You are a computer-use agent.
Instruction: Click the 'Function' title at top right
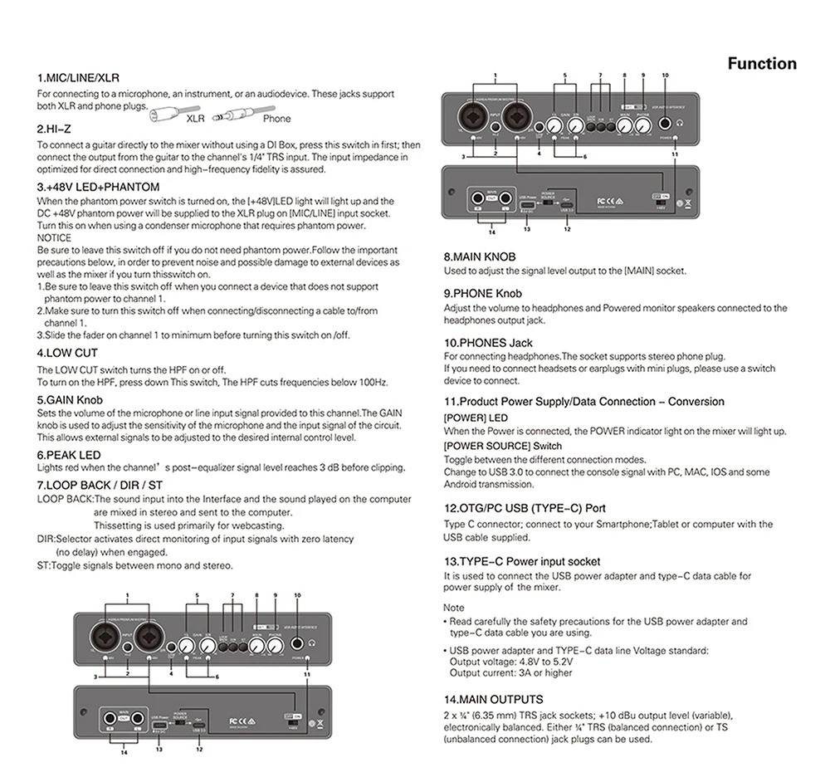pos(761,64)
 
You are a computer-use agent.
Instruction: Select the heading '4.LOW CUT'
pos(67,353)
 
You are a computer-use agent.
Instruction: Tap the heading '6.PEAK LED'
pos(69,455)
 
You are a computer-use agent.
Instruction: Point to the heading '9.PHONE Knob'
pos(482,293)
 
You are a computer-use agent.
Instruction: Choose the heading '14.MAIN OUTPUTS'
pos(493,700)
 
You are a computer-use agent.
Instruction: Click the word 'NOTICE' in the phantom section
pos(54,238)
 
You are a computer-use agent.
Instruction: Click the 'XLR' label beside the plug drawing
pos(195,119)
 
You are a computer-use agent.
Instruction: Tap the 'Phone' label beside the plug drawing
pos(276,119)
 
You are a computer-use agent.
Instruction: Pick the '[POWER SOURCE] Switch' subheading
pos(491,446)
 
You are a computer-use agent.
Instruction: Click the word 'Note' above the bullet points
pos(454,608)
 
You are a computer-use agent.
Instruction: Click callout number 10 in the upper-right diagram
pos(665,76)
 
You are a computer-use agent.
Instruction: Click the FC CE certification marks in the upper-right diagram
pos(608,201)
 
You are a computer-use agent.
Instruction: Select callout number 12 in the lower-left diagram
pos(199,750)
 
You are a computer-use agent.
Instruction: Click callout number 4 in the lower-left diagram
pos(171,673)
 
